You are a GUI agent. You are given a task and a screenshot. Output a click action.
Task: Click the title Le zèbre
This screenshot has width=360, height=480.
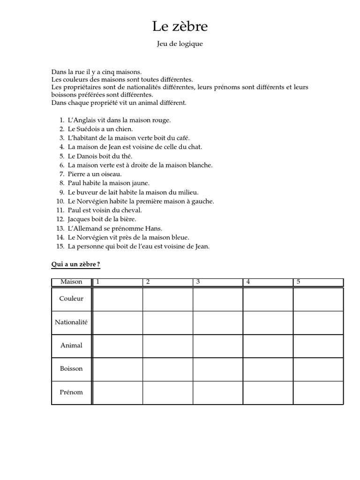tap(180, 27)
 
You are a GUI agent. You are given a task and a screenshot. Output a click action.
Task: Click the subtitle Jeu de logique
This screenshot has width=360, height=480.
tap(180, 45)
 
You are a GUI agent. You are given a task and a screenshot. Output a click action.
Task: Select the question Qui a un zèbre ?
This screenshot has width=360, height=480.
tap(75, 264)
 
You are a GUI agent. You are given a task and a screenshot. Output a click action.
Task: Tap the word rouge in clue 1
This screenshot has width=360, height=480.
tap(161, 120)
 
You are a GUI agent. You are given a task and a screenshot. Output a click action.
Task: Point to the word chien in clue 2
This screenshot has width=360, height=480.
tap(125, 129)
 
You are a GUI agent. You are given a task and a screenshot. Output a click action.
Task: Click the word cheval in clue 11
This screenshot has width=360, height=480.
tap(132, 210)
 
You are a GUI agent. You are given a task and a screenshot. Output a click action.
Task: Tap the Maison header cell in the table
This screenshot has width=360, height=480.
tap(71, 282)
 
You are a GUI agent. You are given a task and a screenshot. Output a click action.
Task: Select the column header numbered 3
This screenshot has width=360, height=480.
tap(198, 282)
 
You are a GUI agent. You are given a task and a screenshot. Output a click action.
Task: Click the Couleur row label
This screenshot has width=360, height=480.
tap(71, 299)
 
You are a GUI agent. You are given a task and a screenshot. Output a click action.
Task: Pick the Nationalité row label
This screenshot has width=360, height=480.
tap(71, 322)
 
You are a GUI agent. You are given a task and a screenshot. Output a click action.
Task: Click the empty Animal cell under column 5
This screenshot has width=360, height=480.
tap(318, 345)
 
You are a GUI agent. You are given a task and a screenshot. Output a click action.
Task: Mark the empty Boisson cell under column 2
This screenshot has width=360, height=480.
tap(167, 369)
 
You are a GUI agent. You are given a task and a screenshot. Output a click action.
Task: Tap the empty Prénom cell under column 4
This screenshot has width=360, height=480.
tap(268, 392)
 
